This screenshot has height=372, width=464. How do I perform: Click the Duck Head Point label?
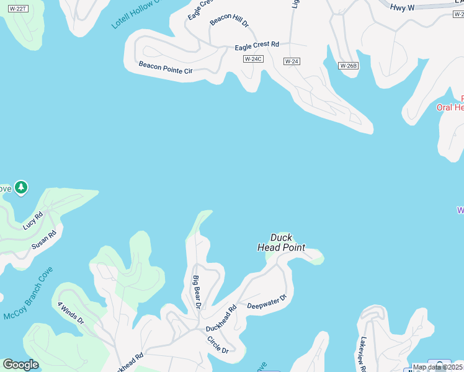point(281,242)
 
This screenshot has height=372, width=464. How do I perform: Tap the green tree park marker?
point(21,187)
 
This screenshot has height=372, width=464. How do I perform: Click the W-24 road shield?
point(292,61)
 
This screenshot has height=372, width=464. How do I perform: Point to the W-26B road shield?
point(348,65)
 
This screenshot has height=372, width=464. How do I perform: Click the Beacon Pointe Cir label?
point(166,68)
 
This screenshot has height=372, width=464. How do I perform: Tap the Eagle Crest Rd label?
point(257,46)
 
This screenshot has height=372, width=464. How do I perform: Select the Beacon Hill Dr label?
point(229,20)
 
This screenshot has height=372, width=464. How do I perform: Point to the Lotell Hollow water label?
point(135,14)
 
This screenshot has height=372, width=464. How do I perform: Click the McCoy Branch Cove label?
point(28,294)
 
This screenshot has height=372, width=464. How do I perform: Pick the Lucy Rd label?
point(33,220)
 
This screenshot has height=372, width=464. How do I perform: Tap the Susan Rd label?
point(44,241)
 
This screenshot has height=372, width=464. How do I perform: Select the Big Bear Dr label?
point(197,292)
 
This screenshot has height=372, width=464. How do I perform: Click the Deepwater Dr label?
point(267,302)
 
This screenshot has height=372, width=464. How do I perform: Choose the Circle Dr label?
point(218,345)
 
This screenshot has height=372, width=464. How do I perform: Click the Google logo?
point(20,365)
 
